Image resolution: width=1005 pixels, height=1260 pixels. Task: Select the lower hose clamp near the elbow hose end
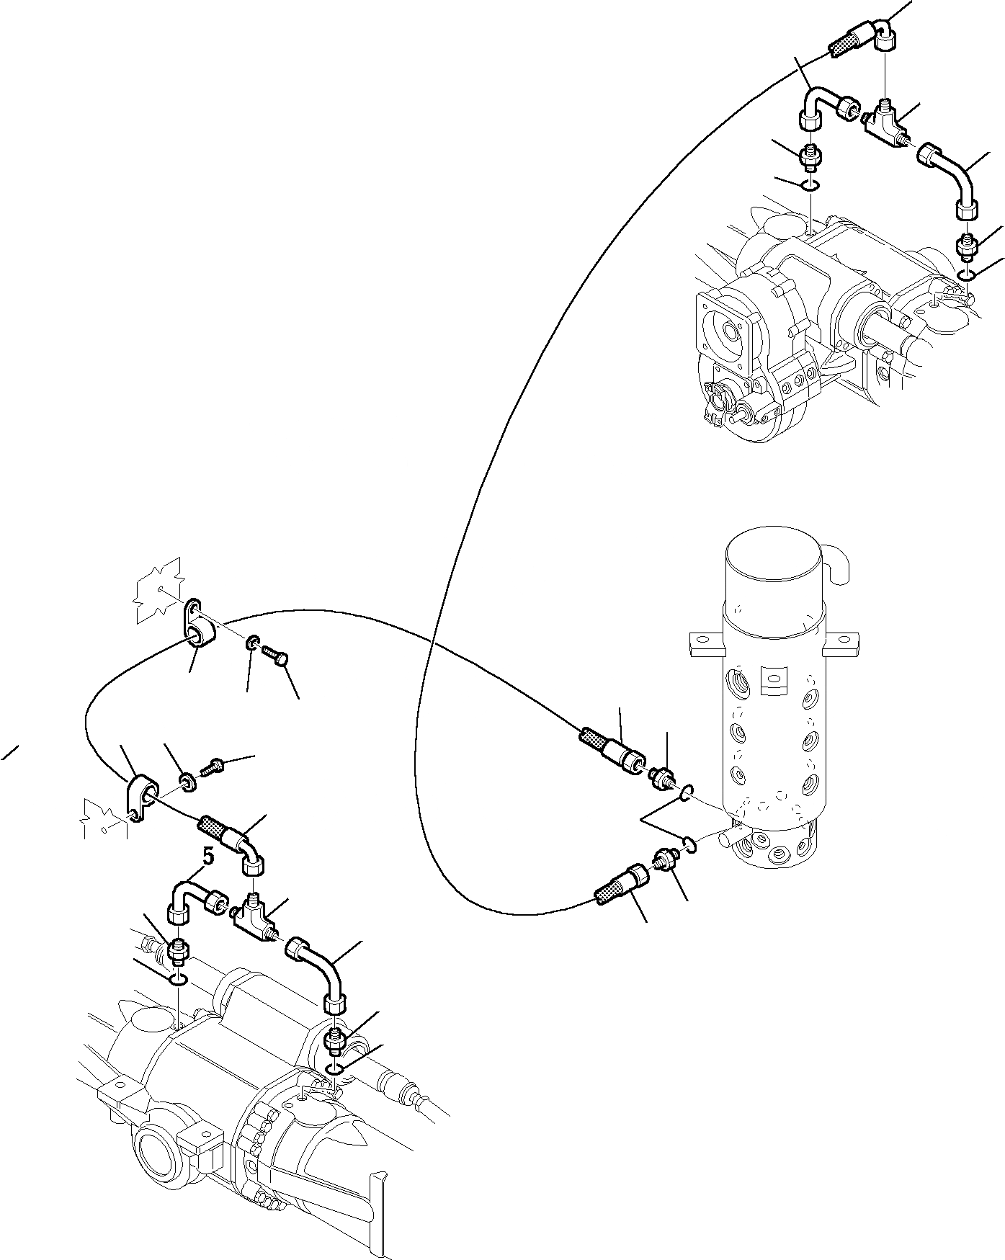pos(143,794)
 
